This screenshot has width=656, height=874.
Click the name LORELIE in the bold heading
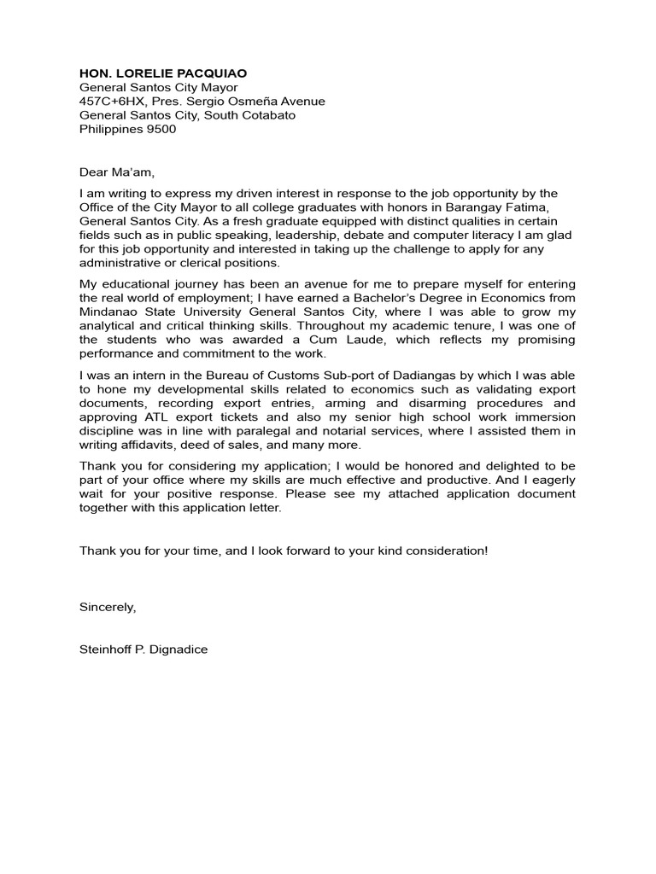click(146, 73)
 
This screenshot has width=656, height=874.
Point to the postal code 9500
click(160, 129)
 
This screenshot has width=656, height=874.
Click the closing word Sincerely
click(108, 607)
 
